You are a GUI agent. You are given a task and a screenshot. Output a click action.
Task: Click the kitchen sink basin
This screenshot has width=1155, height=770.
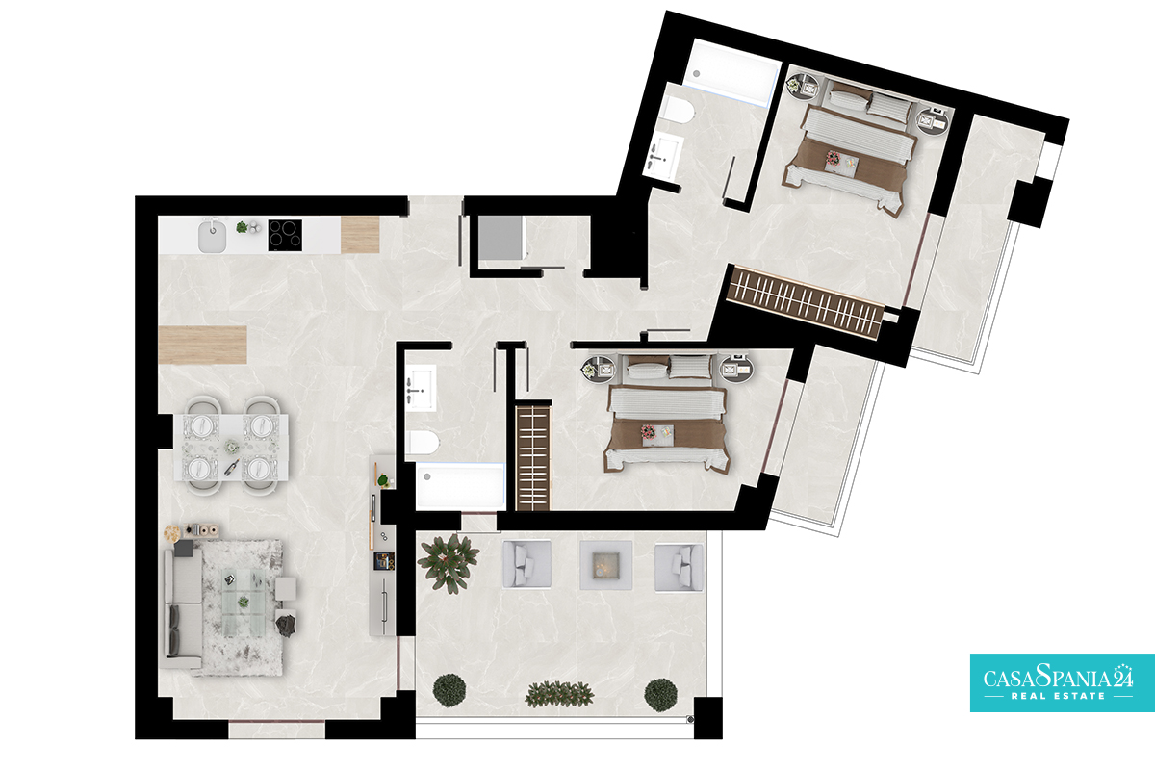pyautogui.click(x=213, y=236)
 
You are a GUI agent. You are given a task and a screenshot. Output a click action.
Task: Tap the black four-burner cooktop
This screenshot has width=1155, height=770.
pyautogui.click(x=285, y=235)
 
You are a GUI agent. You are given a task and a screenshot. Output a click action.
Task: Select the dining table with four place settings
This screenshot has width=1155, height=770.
pyautogui.click(x=230, y=447)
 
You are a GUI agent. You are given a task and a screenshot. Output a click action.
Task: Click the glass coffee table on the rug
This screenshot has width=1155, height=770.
pyautogui.click(x=244, y=603)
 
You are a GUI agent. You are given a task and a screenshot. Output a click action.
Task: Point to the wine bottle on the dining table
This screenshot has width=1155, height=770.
pyautogui.click(x=231, y=467)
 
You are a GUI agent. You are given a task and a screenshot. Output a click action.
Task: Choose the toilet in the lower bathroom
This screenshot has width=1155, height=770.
pyautogui.click(x=422, y=443)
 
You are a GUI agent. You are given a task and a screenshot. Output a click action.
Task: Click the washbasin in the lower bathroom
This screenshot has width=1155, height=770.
pyautogui.click(x=422, y=387)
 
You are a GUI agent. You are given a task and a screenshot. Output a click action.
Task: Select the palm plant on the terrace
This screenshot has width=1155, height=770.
pyautogui.click(x=448, y=563)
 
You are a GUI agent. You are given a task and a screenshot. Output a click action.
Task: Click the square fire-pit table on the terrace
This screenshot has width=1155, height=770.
pyautogui.click(x=605, y=565)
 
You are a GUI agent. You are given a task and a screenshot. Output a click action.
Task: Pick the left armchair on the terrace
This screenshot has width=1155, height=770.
pyautogui.click(x=526, y=564)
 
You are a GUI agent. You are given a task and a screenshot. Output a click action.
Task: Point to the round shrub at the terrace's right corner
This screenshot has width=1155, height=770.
pyautogui.click(x=660, y=695)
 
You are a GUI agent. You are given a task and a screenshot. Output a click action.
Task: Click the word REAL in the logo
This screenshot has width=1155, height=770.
pyautogui.click(x=1028, y=696)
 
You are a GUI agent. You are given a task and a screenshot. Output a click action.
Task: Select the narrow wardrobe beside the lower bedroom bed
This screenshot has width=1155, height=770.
pyautogui.click(x=533, y=457)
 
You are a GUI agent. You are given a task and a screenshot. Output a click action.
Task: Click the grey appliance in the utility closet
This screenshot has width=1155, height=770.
pyautogui.click(x=500, y=238)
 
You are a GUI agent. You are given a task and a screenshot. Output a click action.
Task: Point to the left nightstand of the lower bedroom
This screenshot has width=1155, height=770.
pyautogui.click(x=598, y=368)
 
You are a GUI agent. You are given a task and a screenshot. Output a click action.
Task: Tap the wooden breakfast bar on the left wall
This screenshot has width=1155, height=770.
pyautogui.click(x=203, y=345)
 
